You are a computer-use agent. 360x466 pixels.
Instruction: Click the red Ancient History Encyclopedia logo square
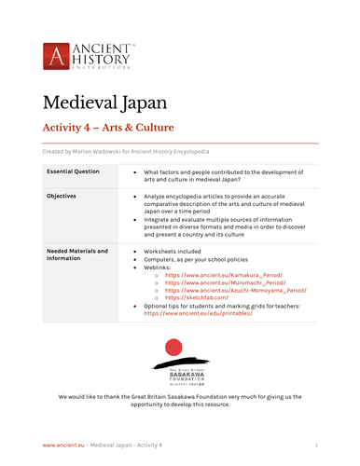[56, 57]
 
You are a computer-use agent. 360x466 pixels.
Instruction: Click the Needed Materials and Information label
[76, 254]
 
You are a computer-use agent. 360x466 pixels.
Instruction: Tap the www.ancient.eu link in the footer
[59, 446]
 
